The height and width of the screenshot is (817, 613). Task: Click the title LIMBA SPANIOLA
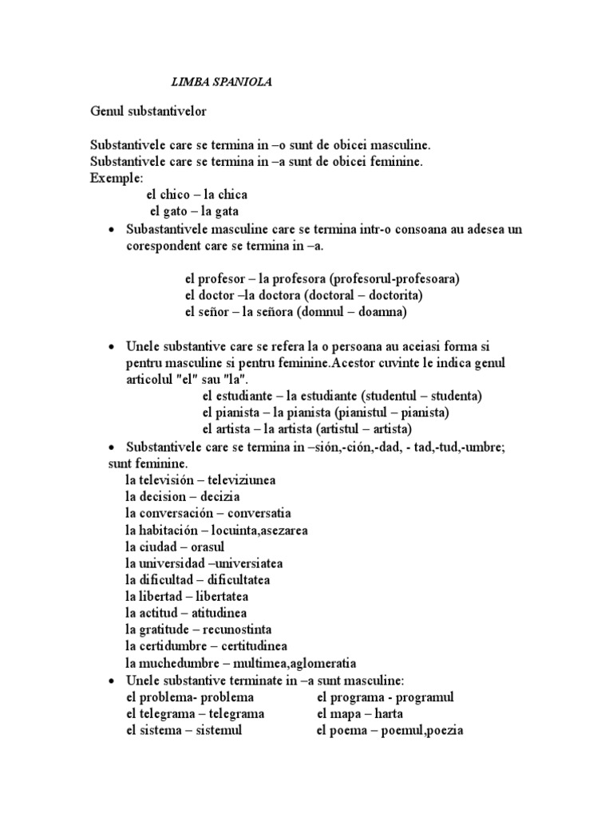pos(223,81)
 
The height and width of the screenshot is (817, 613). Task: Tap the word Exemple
pos(116,177)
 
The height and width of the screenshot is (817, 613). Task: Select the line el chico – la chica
pos(196,194)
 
